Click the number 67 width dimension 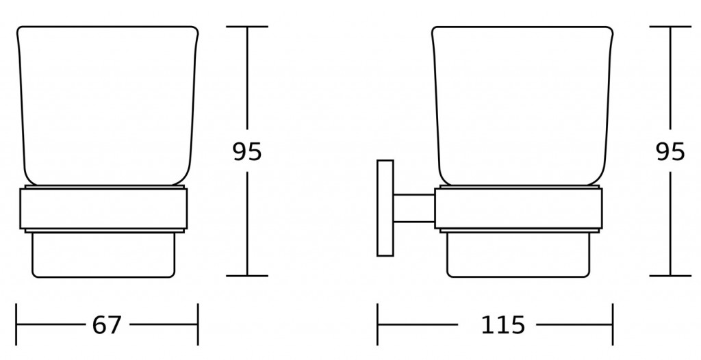[x=106, y=324]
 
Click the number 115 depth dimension [x=502, y=324]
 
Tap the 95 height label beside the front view [x=246, y=152]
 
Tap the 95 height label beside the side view [x=670, y=152]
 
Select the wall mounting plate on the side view [x=385, y=208]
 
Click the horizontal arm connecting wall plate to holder [x=414, y=208]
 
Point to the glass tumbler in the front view [x=107, y=106]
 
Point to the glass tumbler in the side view [x=522, y=106]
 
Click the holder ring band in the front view [x=104, y=209]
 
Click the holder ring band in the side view [x=519, y=209]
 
